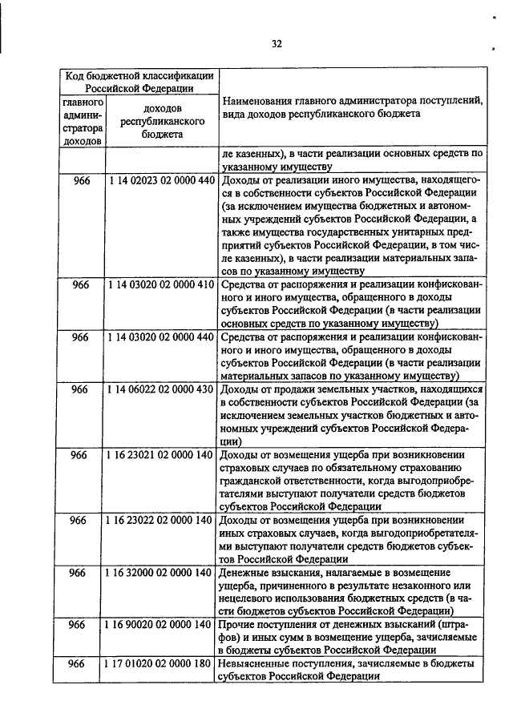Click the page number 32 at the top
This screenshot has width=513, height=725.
[x=276, y=44]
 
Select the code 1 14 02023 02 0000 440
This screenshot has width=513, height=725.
[x=161, y=180]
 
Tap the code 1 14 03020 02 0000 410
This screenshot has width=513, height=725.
[x=161, y=284]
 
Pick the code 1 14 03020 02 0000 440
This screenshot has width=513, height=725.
[x=161, y=337]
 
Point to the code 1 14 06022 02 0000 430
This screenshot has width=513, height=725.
[x=161, y=389]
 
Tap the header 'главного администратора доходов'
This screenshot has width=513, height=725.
[x=81, y=122]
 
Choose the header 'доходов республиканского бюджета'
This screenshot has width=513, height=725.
[x=161, y=122]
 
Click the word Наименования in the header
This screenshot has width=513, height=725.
[x=262, y=102]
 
